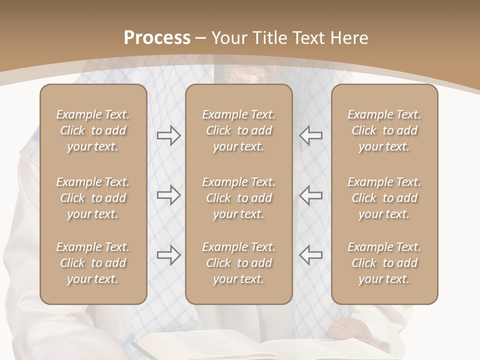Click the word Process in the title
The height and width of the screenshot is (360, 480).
pos(157,38)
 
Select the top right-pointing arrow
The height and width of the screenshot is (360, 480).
pos(168,135)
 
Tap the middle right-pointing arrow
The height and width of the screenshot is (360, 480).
pos(168,194)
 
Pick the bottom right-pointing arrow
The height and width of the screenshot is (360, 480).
pos(168,255)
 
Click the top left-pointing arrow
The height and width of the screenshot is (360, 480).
pos(310,135)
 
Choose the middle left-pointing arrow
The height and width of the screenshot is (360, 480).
pos(310,194)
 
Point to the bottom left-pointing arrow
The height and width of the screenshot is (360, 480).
pos(310,255)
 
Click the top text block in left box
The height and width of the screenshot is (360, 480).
pos(93,130)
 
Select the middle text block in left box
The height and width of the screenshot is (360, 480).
pos(93,198)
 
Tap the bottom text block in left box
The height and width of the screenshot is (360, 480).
pos(93,263)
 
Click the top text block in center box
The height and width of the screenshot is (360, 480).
pos(238,130)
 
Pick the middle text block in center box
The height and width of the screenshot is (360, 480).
pos(238,198)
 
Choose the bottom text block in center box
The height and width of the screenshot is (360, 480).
pos(238,263)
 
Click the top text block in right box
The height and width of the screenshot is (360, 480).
pos(384,130)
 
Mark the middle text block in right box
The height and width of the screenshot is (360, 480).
pos(384,198)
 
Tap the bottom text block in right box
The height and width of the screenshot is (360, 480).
pos(384,263)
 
